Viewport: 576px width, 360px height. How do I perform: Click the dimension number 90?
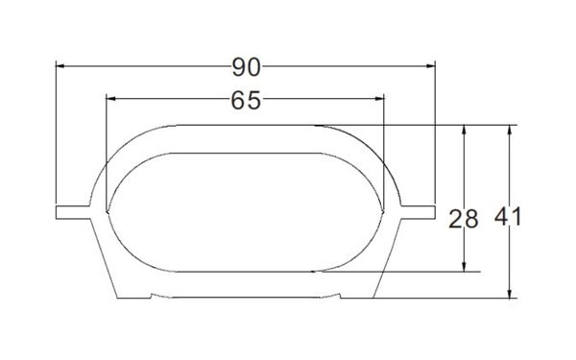coord(246,67)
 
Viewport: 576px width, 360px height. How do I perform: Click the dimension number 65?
coord(246,100)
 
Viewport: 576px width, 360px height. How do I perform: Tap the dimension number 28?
coord(464,219)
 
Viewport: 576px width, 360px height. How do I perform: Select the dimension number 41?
coord(508,217)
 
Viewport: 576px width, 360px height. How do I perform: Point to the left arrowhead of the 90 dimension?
coord(60,66)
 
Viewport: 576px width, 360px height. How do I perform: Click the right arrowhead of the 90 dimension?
coord(430,66)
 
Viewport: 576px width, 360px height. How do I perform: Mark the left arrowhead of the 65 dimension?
coord(110,99)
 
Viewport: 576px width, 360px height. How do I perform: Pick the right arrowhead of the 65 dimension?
coord(379,99)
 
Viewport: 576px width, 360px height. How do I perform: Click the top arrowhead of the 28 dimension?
coord(464,130)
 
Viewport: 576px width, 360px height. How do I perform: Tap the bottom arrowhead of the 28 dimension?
coord(464,267)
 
